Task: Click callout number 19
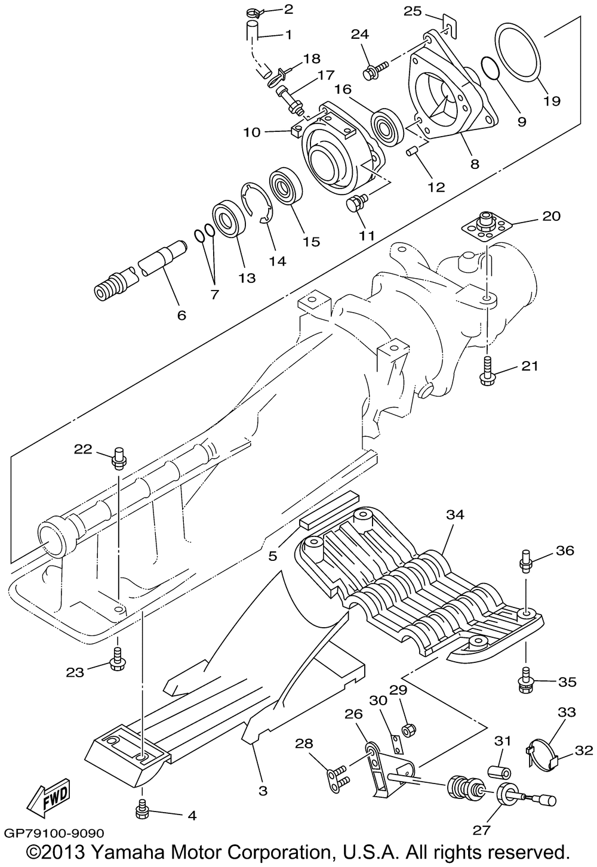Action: tap(551, 101)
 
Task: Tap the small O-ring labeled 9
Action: tap(491, 68)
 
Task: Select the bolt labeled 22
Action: tap(118, 458)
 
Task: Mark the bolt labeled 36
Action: tap(525, 561)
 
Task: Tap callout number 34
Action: tap(455, 514)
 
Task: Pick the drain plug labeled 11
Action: tap(357, 202)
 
